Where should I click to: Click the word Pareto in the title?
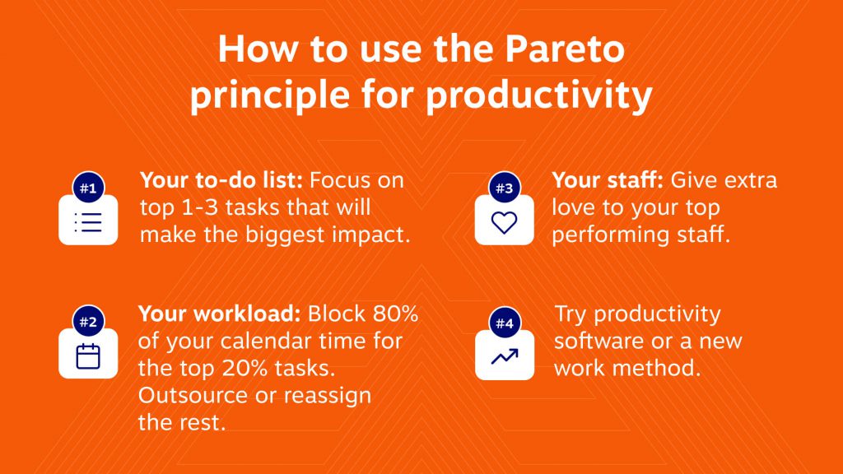click(x=565, y=49)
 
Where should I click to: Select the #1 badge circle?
click(x=88, y=188)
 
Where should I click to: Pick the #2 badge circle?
click(x=88, y=322)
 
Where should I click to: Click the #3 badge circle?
click(x=505, y=188)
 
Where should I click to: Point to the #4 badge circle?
click(x=505, y=323)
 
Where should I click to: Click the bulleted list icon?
click(x=88, y=222)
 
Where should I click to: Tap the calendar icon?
click(x=88, y=356)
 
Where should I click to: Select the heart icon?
click(x=505, y=222)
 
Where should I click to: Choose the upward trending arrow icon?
click(x=505, y=356)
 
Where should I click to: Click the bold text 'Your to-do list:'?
click(x=221, y=180)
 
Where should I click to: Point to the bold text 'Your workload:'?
click(x=219, y=314)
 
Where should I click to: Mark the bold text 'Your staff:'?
click(x=608, y=180)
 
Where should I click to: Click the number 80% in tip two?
click(x=395, y=314)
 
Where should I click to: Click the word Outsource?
click(x=193, y=396)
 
